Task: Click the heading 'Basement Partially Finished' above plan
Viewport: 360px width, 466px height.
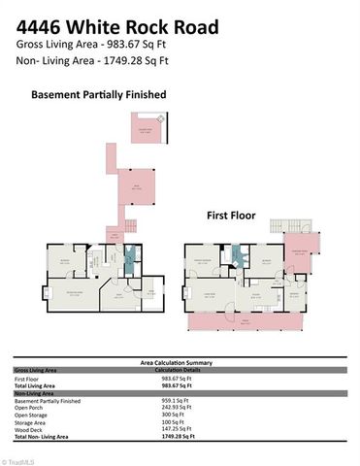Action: pos(99,95)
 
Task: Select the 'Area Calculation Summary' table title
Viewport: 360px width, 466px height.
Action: pos(180,360)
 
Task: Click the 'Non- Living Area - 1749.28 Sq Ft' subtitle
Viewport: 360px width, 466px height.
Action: pos(93,60)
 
